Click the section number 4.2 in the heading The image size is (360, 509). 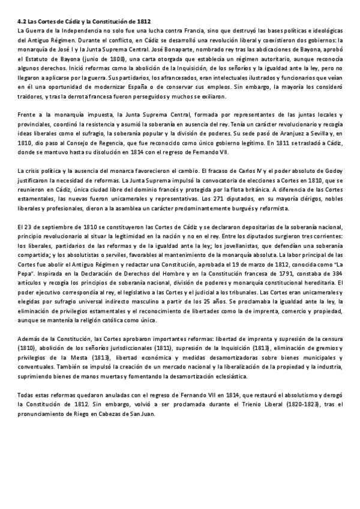click(x=22, y=20)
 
